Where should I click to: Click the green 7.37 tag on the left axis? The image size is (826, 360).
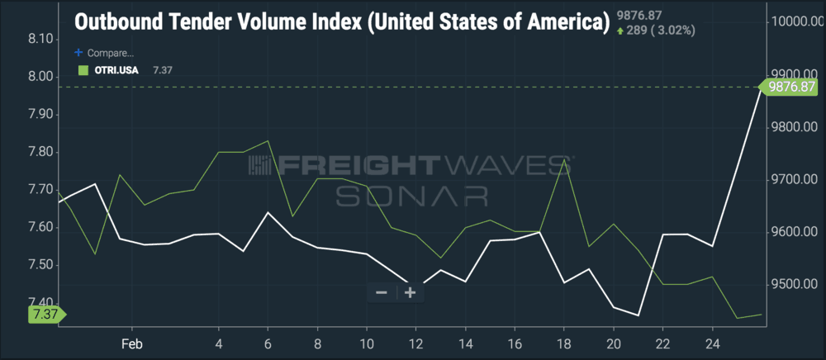click(45, 315)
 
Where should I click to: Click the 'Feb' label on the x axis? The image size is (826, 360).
click(133, 342)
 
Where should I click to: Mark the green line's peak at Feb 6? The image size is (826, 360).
click(268, 140)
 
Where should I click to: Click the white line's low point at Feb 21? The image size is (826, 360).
click(638, 315)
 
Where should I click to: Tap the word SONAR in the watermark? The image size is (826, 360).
click(411, 196)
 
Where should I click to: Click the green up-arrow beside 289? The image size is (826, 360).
click(620, 31)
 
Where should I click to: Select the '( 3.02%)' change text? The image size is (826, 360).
click(671, 31)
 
